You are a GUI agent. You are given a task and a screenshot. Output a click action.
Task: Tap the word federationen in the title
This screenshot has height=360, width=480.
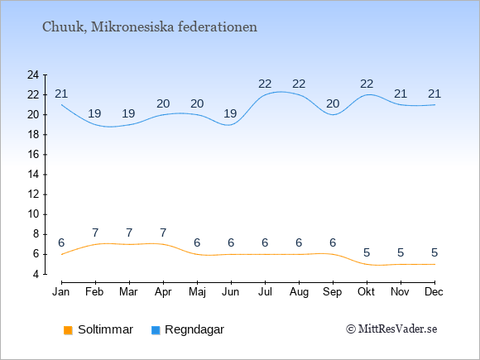point(218,26)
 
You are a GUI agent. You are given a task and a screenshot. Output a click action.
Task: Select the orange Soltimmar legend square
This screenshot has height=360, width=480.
point(68,330)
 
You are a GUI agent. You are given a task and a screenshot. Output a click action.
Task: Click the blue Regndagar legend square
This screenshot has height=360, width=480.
point(156,330)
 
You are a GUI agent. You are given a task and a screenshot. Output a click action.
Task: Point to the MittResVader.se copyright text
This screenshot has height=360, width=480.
point(391,329)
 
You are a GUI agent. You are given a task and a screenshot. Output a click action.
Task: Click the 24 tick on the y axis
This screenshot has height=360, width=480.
point(33,74)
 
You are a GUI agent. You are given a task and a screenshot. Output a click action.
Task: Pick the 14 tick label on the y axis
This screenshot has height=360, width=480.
point(33,175)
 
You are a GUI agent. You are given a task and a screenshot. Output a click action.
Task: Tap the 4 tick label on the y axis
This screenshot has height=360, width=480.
point(36,274)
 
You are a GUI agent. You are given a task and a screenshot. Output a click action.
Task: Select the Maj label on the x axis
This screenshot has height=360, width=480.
point(197,292)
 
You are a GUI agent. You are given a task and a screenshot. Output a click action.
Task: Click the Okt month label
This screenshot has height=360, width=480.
point(367,292)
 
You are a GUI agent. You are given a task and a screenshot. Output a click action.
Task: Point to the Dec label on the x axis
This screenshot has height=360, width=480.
point(434,292)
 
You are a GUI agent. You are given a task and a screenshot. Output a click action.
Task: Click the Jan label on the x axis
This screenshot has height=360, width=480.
point(61,292)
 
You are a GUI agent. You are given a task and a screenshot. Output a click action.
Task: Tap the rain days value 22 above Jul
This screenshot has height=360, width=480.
point(265,84)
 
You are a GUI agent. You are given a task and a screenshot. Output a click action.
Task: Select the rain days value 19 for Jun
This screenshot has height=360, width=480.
point(230,114)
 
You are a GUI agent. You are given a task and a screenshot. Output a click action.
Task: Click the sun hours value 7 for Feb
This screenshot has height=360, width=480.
point(95,233)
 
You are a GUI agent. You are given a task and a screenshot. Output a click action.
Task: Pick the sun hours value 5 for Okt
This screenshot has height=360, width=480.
point(367,253)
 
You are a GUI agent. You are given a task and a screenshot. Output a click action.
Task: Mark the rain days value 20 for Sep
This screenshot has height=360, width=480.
point(333,104)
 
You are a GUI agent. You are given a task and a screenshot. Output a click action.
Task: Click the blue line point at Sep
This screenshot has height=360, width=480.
point(333,115)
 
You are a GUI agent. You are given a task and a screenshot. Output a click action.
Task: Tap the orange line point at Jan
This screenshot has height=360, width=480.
point(61,254)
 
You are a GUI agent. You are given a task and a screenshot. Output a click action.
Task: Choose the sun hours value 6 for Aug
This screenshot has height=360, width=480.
point(299,243)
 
